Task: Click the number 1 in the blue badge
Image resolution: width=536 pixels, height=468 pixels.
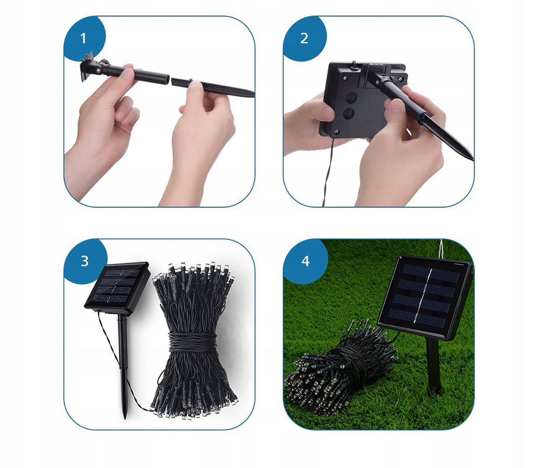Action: tap(83, 38)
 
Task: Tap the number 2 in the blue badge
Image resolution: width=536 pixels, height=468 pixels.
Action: tap(304, 38)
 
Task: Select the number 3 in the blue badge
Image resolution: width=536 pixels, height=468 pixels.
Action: tap(84, 261)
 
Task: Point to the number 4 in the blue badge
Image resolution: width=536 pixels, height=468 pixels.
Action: tap(305, 261)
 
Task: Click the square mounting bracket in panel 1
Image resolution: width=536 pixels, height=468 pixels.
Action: tap(87, 66)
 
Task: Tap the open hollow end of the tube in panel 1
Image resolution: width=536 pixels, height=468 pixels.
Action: tap(167, 80)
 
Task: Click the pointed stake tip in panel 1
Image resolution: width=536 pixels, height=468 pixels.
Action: tap(252, 94)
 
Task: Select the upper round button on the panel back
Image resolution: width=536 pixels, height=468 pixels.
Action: tap(351, 98)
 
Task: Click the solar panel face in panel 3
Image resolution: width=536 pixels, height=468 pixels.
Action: tap(117, 286)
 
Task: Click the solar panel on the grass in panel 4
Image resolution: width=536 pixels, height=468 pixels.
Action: tap(424, 296)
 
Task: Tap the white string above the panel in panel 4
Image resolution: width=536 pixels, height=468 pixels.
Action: tap(441, 249)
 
